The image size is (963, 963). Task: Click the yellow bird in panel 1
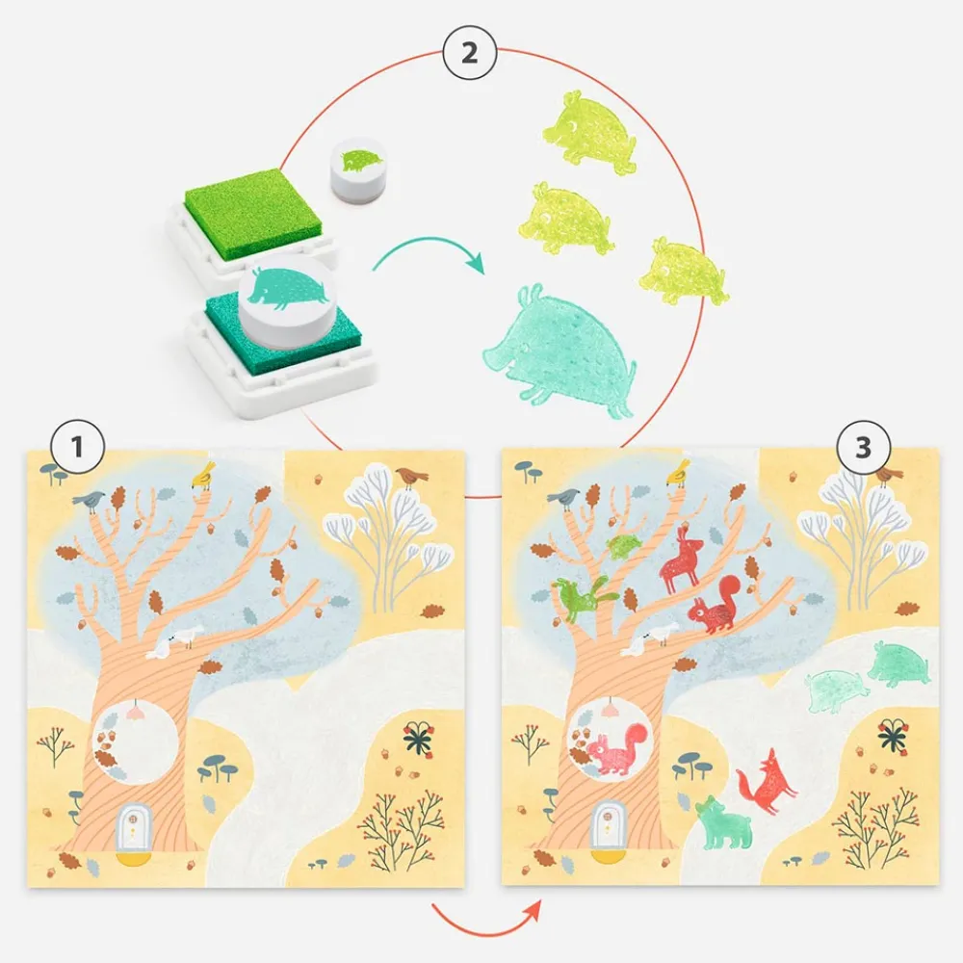(x=203, y=473)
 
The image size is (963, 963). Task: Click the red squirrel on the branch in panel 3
(x=716, y=607)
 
